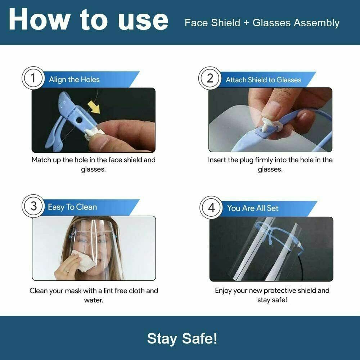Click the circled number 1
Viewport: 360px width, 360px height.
pos(33,78)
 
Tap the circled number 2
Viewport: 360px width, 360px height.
pos(210,78)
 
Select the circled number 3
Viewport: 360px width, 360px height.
pos(33,206)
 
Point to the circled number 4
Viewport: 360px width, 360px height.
pos(211,207)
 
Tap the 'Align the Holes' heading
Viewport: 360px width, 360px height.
pos(74,80)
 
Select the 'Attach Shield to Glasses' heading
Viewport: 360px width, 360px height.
pos(263,80)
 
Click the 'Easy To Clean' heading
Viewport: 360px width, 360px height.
pos(72,207)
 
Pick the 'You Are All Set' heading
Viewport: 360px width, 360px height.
pos(253,208)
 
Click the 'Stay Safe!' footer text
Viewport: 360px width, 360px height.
pos(182,338)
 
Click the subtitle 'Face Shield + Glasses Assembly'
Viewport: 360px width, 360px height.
pos(262,23)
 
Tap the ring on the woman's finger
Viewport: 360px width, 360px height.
pos(66,271)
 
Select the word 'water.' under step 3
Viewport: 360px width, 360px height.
pos(94,300)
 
